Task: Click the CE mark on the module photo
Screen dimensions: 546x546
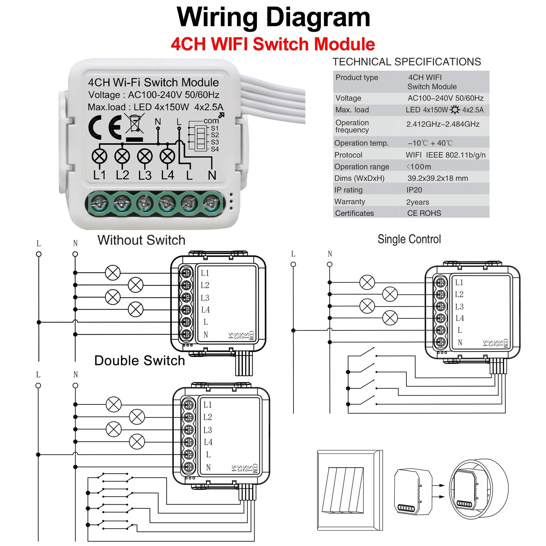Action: (105, 127)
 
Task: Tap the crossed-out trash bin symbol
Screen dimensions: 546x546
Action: (134, 124)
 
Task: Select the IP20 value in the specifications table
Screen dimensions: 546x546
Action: (414, 190)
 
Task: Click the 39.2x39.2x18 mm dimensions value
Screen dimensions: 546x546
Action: (437, 178)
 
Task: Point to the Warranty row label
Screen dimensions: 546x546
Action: (349, 202)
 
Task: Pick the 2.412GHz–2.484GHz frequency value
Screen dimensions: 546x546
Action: (443, 124)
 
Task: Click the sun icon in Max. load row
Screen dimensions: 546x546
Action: (455, 110)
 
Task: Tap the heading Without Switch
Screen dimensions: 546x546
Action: (141, 240)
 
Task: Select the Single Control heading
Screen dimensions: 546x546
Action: (409, 239)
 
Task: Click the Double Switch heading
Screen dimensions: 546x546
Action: (139, 361)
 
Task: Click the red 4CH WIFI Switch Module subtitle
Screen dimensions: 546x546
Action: (273, 44)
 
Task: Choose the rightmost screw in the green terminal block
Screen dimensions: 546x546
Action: (212, 204)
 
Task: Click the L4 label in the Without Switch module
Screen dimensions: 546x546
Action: (205, 310)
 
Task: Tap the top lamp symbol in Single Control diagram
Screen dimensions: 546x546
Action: (367, 282)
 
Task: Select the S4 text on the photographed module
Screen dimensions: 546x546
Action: (215, 149)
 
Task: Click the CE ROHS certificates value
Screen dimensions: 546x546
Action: (424, 213)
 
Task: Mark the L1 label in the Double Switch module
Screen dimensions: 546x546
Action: (207, 405)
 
